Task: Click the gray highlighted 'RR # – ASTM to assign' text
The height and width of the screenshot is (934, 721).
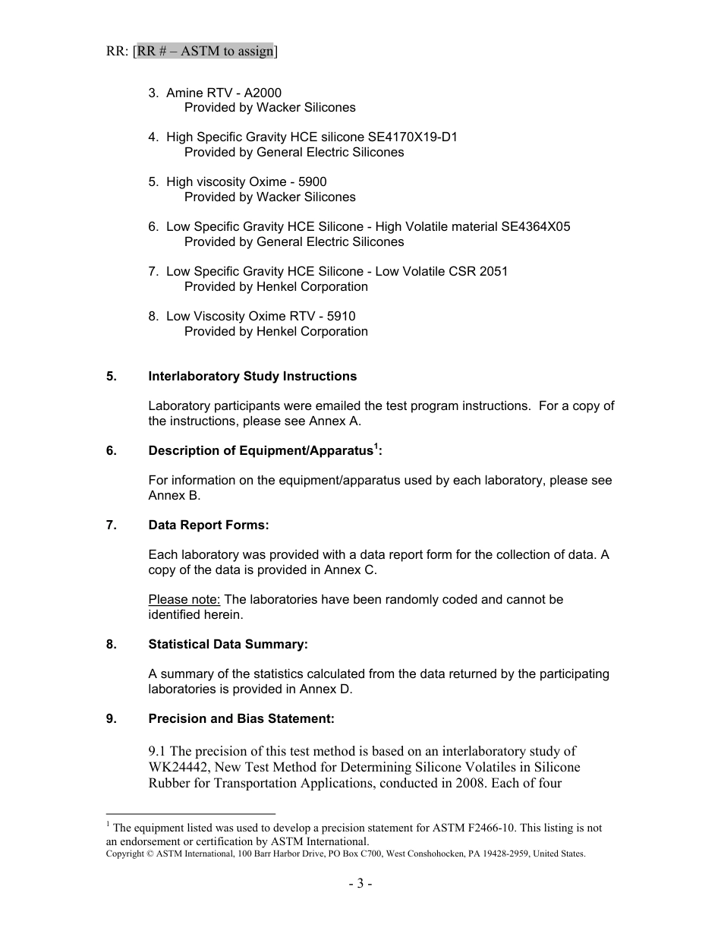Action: [205, 52]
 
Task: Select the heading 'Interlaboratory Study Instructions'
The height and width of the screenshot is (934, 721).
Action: [252, 377]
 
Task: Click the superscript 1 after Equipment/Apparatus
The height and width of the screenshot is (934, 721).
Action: [376, 446]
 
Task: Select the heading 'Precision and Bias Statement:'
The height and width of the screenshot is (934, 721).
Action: [241, 719]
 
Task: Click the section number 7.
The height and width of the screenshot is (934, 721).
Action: [111, 525]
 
